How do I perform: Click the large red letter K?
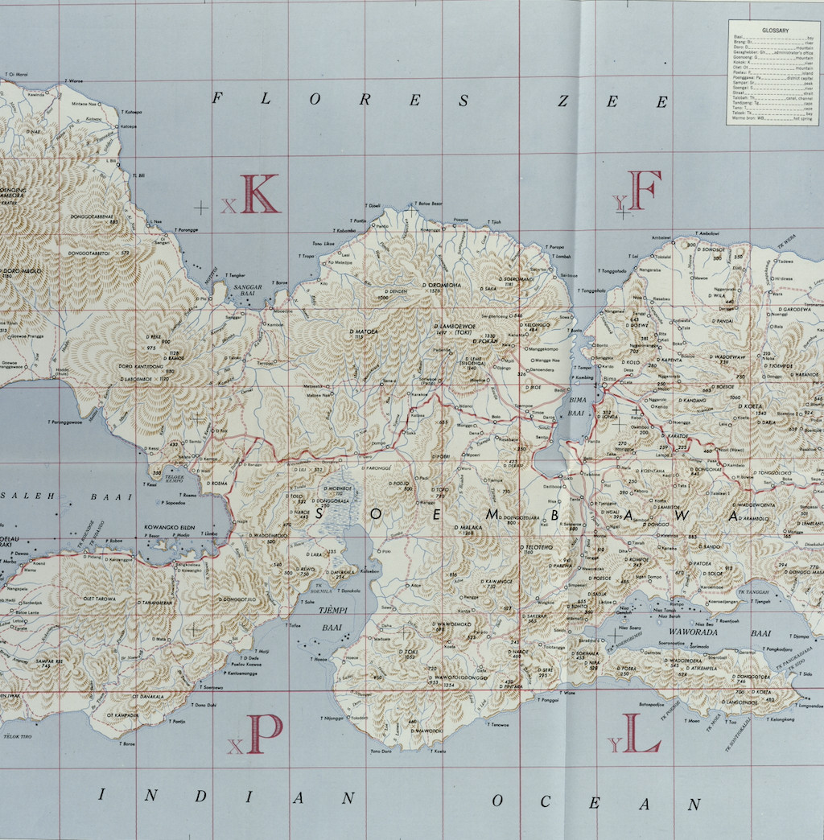pyautogui.click(x=259, y=194)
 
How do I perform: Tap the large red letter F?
pyautogui.click(x=645, y=190)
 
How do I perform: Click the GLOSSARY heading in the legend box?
pyautogui.click(x=775, y=31)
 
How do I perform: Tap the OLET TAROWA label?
pyautogui.click(x=100, y=599)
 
